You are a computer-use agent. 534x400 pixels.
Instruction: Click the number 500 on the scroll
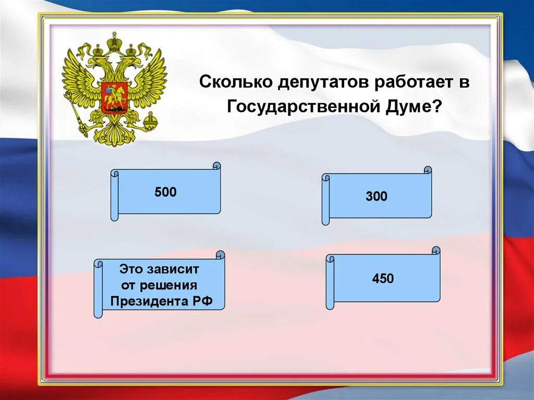tap(165, 192)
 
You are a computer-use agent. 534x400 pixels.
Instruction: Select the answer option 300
tap(377, 197)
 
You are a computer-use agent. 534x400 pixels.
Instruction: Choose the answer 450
tap(383, 278)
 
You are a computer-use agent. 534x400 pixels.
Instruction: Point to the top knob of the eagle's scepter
tap(68, 95)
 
